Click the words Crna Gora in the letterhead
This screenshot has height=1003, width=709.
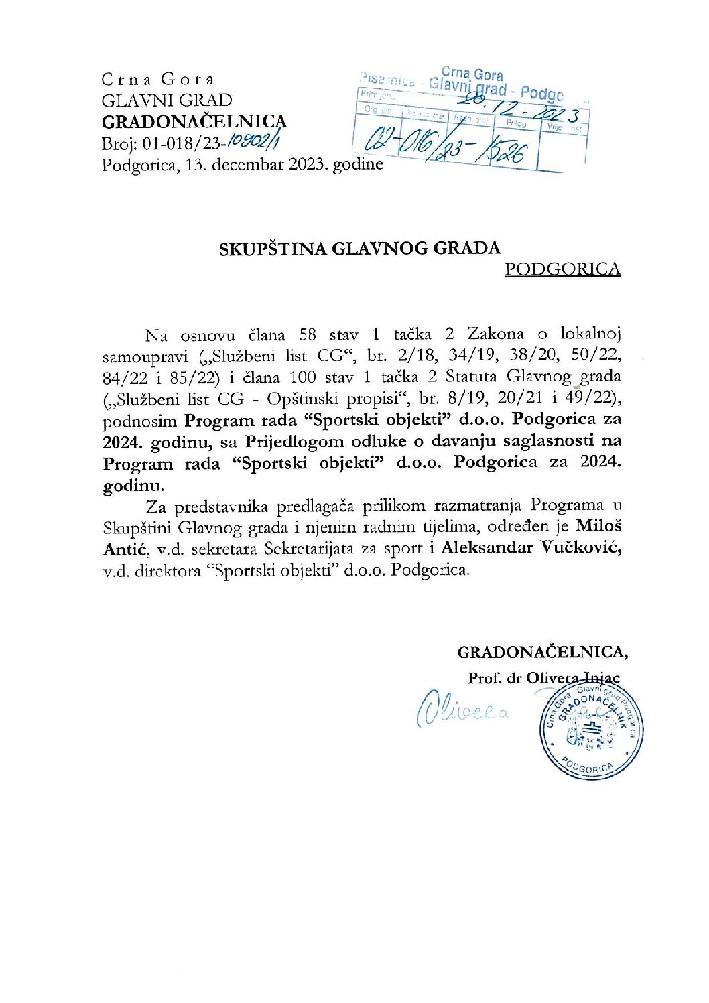coord(157,79)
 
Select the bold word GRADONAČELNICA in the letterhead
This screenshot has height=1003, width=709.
coord(194,122)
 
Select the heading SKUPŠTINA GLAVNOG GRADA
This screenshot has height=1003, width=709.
coord(360,249)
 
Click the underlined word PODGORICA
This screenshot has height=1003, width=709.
coord(562,269)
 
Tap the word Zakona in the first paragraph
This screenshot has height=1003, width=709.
coord(496,334)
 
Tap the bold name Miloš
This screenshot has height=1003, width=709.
coord(600,527)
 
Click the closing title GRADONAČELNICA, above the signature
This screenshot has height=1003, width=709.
coord(542,652)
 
